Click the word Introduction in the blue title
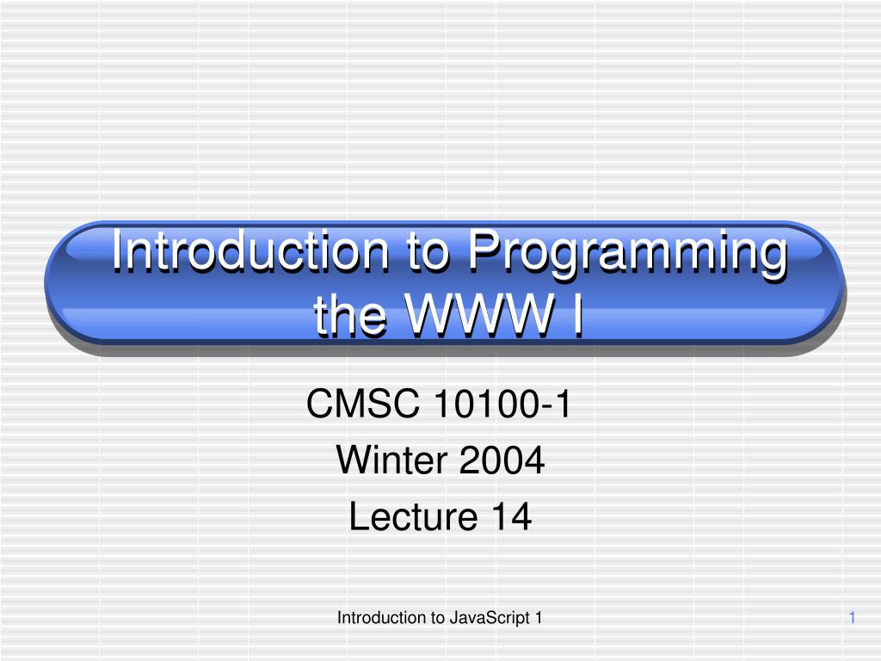click(250, 250)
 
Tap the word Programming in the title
click(627, 254)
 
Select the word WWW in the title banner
click(478, 314)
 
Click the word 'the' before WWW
click(349, 315)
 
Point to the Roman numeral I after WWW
click(577, 314)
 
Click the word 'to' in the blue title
click(428, 253)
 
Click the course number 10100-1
click(502, 403)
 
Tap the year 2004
click(502, 460)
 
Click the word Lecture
click(413, 516)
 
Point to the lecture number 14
click(511, 516)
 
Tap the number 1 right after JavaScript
click(539, 618)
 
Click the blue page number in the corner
click(852, 618)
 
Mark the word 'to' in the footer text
click(438, 618)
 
